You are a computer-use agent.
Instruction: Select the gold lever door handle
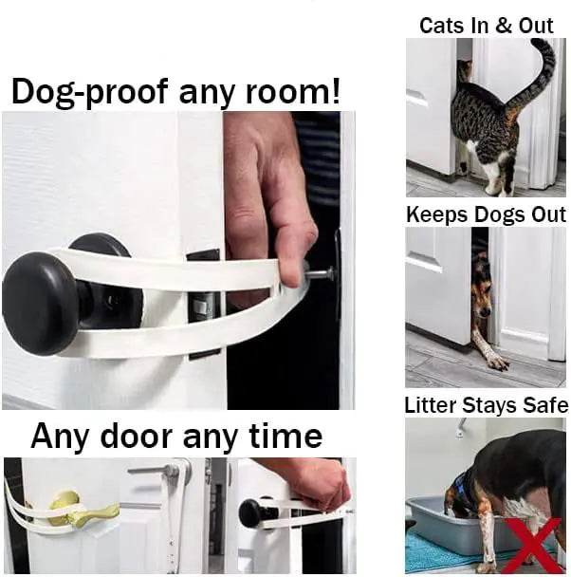[80, 513]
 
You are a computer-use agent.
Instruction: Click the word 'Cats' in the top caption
[441, 26]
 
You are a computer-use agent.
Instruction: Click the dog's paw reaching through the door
[495, 359]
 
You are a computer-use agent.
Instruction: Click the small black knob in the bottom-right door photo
[250, 513]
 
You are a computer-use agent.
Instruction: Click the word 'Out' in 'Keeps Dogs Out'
[547, 214]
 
